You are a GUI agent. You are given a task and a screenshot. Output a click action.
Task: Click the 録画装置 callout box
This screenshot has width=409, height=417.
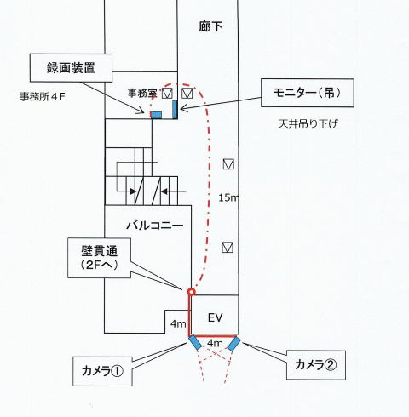point(71,68)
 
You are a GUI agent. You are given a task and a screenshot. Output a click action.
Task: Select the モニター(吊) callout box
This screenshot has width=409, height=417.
point(308,93)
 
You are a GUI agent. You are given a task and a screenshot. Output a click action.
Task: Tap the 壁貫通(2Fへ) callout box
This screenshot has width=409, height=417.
point(99,258)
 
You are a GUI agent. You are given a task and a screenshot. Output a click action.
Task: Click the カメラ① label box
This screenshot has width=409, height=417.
point(102,371)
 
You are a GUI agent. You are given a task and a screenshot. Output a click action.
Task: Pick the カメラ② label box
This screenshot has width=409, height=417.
point(316,365)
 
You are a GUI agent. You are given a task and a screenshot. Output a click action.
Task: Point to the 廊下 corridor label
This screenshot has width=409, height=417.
point(210,26)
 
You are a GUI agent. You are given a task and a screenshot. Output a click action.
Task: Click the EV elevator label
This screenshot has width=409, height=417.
point(215,317)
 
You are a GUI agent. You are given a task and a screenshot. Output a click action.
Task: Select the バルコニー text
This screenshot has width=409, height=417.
point(155,226)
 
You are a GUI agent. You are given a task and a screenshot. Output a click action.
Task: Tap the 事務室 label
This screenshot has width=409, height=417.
point(142,93)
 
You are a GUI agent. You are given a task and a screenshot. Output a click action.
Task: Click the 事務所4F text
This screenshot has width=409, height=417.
point(43,97)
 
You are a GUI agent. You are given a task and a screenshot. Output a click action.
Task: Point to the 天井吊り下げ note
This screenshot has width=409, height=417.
point(308,123)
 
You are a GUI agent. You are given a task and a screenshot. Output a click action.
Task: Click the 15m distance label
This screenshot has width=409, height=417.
point(228,197)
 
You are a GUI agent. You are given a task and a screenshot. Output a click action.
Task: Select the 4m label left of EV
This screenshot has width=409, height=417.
point(178,323)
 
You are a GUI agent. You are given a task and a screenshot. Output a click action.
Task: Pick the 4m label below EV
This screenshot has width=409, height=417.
point(215,343)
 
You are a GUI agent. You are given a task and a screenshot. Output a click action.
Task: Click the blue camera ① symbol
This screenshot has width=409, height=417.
point(195,342)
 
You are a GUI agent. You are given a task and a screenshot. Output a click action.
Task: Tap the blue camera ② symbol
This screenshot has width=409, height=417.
point(233,344)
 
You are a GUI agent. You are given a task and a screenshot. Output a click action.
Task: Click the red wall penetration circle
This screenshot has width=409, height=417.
point(192,292)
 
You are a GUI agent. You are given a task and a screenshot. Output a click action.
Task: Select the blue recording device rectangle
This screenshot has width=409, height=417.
point(156,115)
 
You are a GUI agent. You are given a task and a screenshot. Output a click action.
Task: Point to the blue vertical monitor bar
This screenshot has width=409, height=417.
point(175,109)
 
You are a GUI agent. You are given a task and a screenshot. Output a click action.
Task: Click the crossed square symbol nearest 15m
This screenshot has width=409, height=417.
point(228,164)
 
